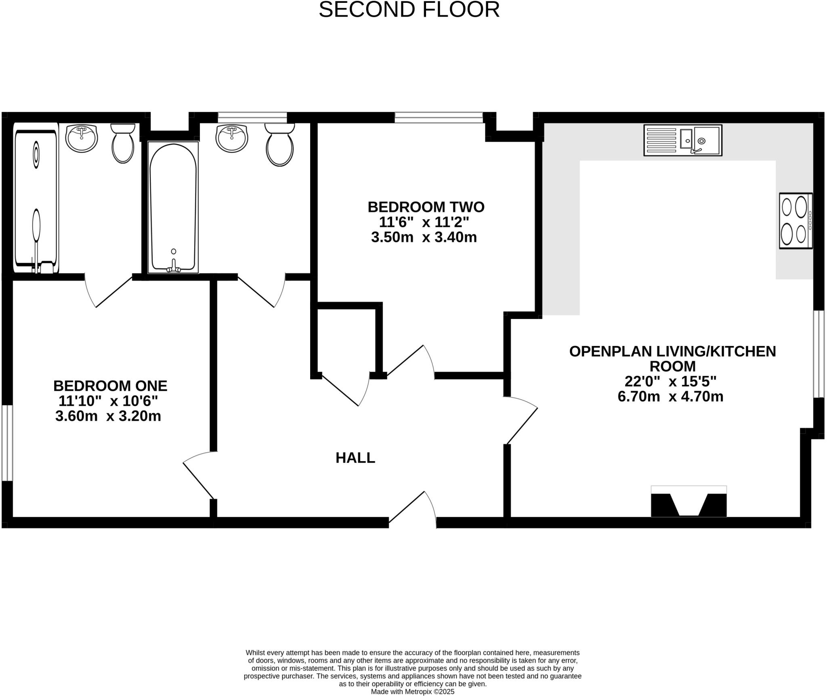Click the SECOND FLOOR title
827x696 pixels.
(x=409, y=10)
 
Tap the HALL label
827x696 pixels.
(x=355, y=457)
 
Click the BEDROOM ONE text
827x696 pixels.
(x=110, y=386)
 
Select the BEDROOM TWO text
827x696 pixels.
(x=426, y=207)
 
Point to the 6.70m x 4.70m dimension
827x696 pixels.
(x=670, y=396)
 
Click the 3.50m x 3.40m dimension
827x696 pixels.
(x=424, y=237)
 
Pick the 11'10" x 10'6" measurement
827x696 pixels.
(x=108, y=401)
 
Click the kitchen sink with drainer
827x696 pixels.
(x=682, y=140)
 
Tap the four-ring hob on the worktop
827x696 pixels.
(x=796, y=220)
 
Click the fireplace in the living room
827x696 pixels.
(x=688, y=502)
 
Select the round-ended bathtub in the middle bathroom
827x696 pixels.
(x=173, y=207)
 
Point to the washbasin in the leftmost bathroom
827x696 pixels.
(x=82, y=138)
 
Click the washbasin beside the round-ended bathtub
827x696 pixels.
(x=232, y=138)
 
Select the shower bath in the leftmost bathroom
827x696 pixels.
(x=36, y=198)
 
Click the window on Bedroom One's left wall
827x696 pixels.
(x=7, y=443)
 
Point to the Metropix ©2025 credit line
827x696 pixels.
(x=412, y=692)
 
